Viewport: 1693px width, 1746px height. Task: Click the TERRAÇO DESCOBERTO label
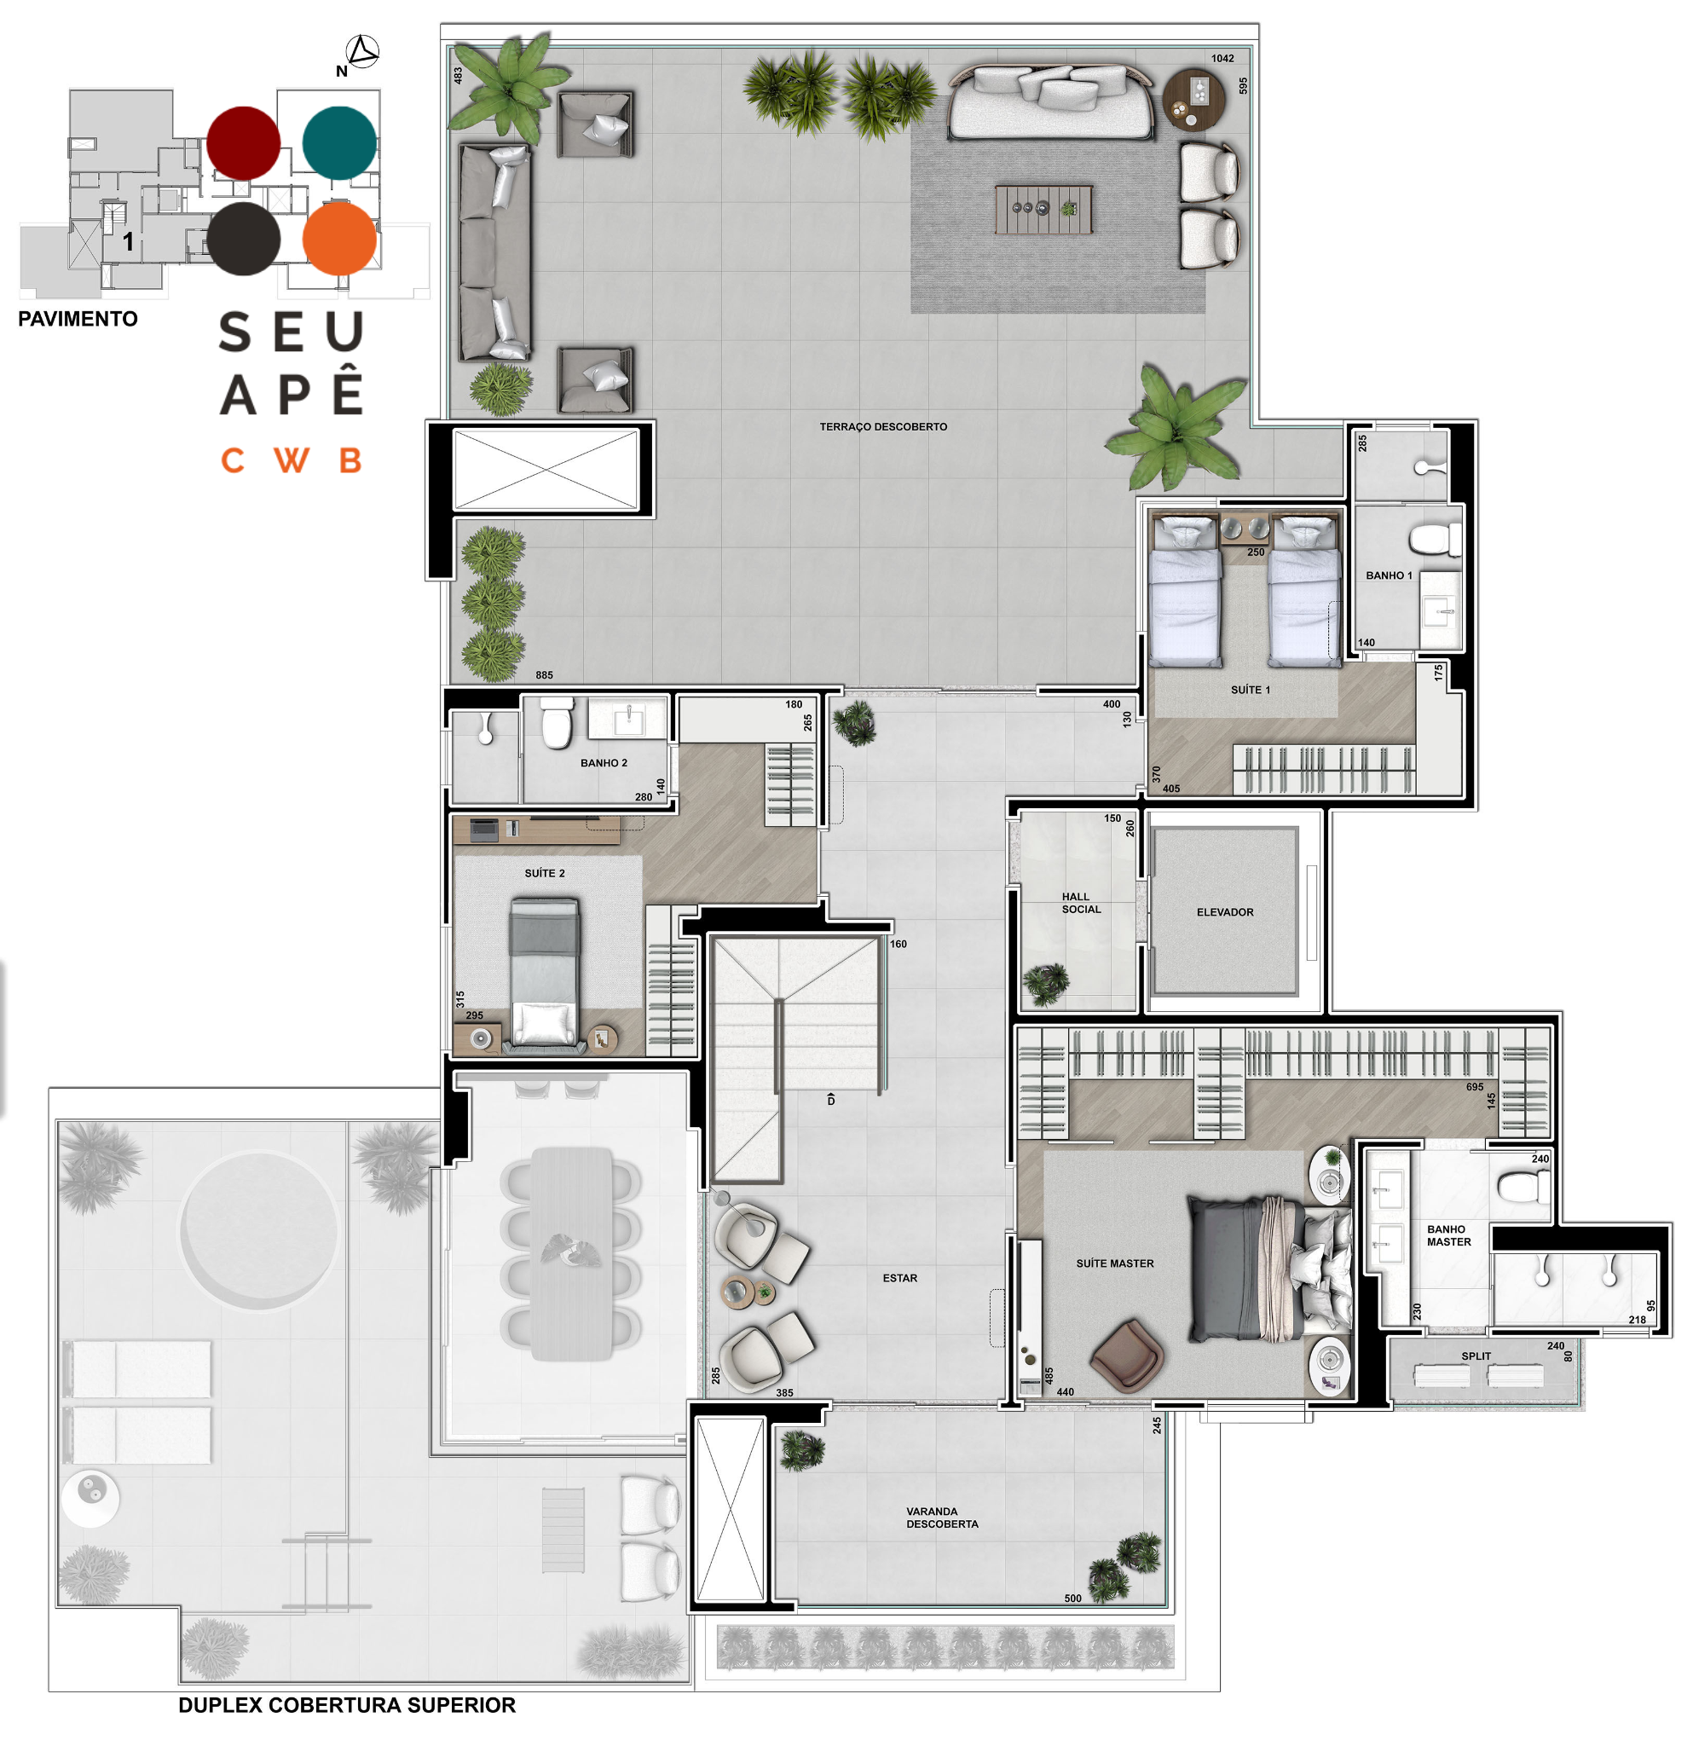point(882,427)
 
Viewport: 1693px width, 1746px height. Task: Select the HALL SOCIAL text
point(1081,904)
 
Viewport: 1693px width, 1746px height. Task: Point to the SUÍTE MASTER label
point(1114,1263)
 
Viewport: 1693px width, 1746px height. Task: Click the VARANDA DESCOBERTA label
point(942,1518)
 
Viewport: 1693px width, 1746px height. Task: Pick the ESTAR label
point(899,1278)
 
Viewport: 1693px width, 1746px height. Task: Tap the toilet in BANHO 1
point(1436,540)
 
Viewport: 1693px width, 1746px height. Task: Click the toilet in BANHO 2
point(558,722)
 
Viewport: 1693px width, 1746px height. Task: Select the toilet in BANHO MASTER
point(1524,1187)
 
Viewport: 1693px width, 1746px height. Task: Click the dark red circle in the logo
point(243,142)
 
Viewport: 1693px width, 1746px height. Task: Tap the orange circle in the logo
point(339,239)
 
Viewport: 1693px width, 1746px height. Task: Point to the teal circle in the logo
point(339,142)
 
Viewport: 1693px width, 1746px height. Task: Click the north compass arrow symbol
point(362,52)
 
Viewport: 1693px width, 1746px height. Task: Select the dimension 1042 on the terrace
point(1222,59)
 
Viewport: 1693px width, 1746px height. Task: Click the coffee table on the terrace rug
point(1043,210)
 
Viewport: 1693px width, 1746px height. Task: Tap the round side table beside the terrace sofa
point(1193,99)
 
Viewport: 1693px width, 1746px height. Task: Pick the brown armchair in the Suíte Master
point(1127,1355)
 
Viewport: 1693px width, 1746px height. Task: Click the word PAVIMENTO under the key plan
point(78,319)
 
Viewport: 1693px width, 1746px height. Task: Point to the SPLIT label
point(1476,1356)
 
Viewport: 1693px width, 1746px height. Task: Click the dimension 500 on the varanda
point(1072,1599)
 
